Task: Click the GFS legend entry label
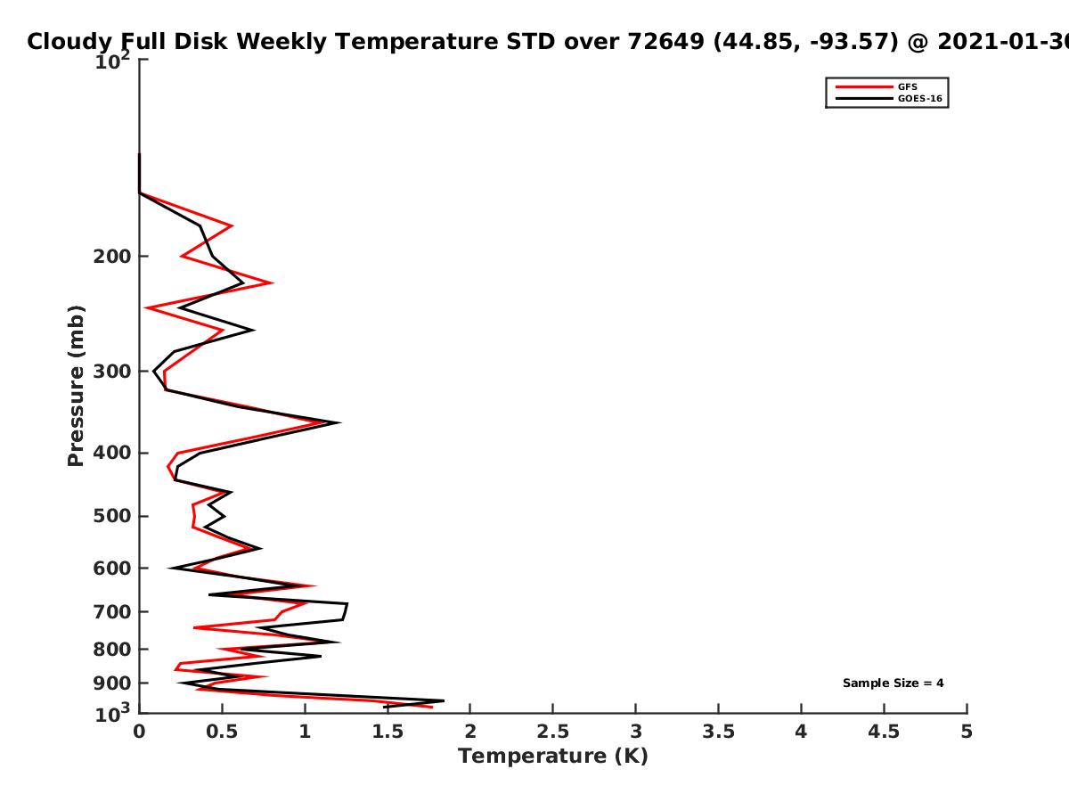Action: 907,87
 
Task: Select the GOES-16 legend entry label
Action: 920,99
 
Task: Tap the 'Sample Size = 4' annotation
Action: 894,683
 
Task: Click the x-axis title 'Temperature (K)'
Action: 553,756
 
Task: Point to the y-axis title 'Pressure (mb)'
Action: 76,386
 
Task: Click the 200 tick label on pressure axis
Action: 112,257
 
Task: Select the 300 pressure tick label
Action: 112,372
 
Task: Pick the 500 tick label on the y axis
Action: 112,516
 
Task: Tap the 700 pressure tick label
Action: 112,612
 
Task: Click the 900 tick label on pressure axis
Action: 112,683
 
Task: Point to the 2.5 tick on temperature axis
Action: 553,732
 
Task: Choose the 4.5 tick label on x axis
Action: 884,732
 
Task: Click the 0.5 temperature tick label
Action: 222,732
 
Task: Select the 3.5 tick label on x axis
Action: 718,732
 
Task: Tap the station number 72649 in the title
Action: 665,41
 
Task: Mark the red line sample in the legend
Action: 864,87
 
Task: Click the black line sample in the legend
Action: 864,99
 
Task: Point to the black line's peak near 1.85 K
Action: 443,700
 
